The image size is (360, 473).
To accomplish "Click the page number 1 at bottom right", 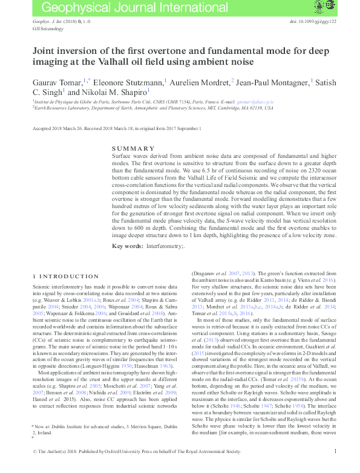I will [335, 468].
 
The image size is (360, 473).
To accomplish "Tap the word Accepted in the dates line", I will [41, 128].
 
